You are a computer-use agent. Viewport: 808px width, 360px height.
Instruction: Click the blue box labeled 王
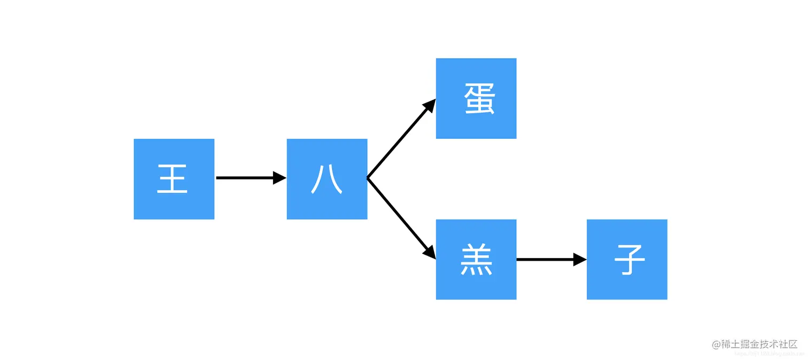[174, 179]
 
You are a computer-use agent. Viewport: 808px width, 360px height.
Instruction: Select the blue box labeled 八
[327, 179]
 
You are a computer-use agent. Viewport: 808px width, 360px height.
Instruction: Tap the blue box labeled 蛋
[476, 98]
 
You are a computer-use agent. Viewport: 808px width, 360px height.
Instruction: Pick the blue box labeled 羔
[476, 259]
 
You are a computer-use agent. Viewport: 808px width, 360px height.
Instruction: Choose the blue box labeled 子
[626, 259]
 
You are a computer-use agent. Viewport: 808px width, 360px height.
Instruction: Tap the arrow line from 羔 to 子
[545, 260]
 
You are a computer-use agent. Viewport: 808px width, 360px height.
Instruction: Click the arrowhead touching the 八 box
[280, 178]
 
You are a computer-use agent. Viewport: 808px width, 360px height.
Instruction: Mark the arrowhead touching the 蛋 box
[429, 106]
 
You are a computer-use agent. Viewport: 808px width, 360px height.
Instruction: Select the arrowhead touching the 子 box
[580, 260]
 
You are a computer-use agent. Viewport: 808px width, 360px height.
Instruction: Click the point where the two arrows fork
[368, 178]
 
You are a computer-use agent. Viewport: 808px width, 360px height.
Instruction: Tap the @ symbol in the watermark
[717, 345]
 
